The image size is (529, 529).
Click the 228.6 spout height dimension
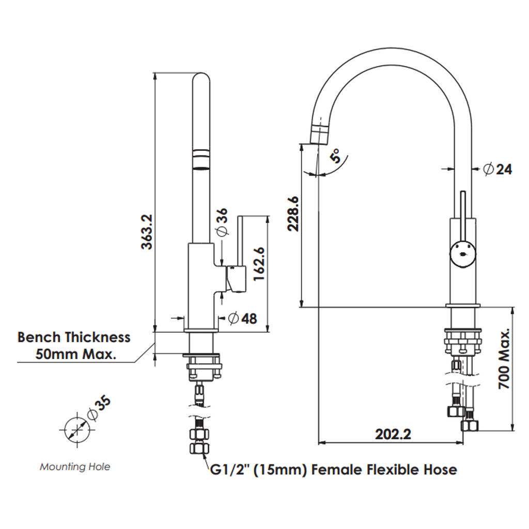[293, 214]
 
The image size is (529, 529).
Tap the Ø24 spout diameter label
[497, 169]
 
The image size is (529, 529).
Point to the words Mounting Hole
[75, 467]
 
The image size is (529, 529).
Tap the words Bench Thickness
[74, 338]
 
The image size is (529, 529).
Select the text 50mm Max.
[75, 355]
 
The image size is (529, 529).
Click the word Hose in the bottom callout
[440, 470]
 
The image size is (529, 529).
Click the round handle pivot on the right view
[462, 252]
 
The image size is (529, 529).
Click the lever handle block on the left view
[236, 279]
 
